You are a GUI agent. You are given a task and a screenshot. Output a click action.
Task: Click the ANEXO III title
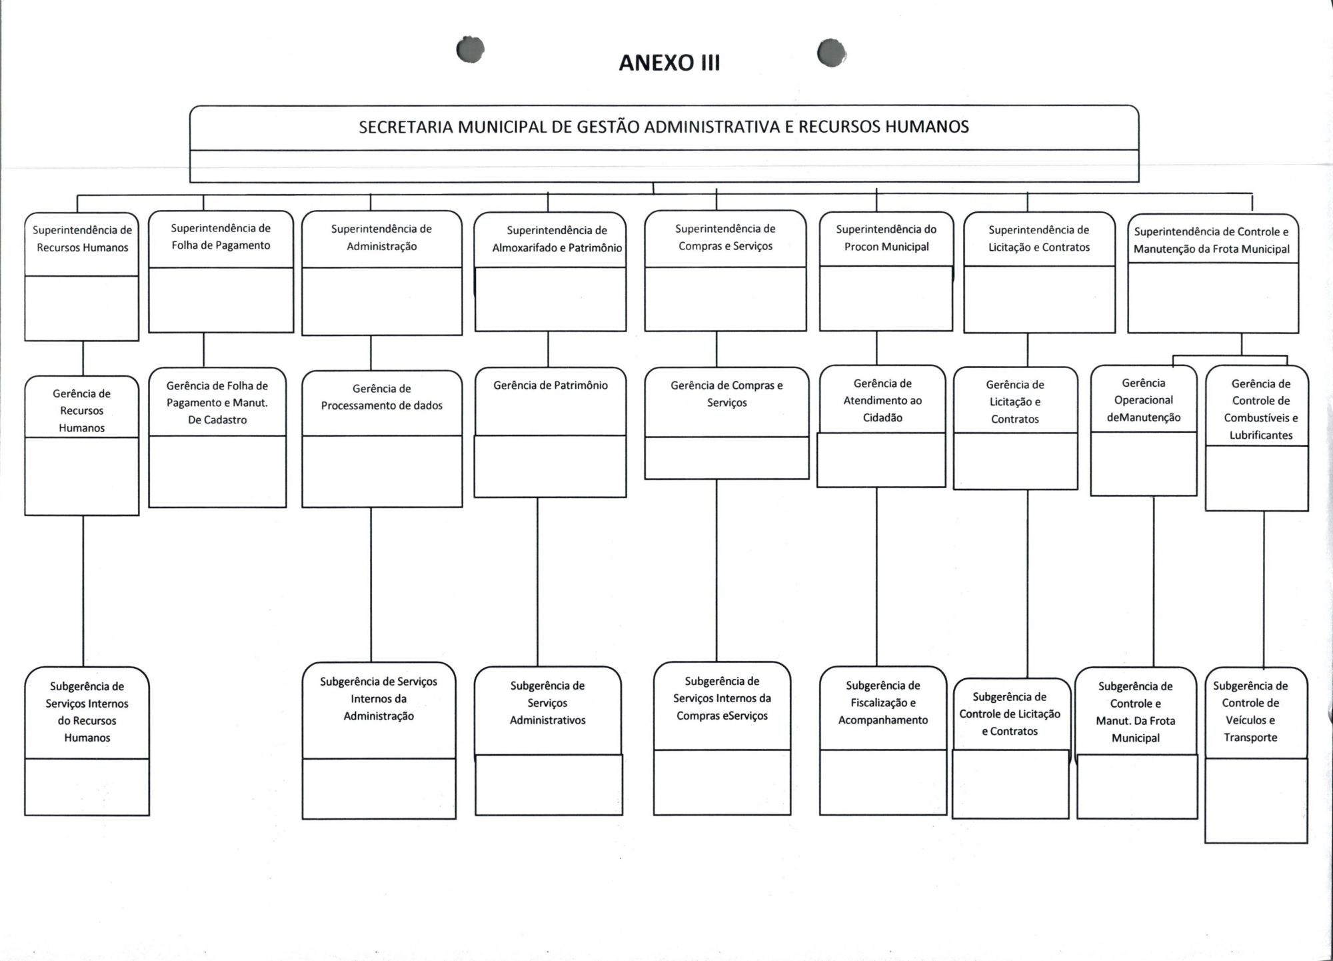point(669,63)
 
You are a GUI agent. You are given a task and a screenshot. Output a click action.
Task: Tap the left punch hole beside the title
point(471,49)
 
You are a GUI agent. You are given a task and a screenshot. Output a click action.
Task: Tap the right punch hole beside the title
point(831,53)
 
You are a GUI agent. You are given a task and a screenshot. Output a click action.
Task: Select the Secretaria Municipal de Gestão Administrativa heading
point(664,127)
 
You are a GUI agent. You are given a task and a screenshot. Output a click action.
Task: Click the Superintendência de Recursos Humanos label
point(82,239)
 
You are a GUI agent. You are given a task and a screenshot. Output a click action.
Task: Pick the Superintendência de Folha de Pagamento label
point(221,237)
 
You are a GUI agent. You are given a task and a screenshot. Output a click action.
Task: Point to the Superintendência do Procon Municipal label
point(886,238)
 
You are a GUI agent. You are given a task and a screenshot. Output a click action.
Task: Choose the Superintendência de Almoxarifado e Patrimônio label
point(557,239)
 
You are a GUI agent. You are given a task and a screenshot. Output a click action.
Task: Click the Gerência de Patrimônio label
point(551,385)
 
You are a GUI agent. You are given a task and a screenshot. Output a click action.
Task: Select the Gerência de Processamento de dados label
point(381,397)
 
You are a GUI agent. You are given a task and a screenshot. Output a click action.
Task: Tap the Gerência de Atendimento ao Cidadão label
point(882,401)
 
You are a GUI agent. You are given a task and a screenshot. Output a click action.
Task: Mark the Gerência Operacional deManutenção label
point(1144,400)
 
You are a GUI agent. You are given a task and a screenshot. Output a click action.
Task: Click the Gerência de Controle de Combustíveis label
point(1260,409)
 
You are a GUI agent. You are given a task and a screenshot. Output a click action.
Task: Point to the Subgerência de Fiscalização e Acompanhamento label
point(882,703)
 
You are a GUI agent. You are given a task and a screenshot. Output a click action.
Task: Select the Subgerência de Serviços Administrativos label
point(547,703)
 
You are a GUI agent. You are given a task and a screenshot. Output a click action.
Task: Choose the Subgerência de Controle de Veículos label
point(1250,712)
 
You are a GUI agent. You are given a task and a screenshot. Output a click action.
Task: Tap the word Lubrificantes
point(1261,435)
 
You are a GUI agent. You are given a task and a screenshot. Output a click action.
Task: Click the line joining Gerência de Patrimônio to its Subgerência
point(537,580)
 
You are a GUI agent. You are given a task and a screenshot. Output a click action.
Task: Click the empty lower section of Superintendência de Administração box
point(381,301)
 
